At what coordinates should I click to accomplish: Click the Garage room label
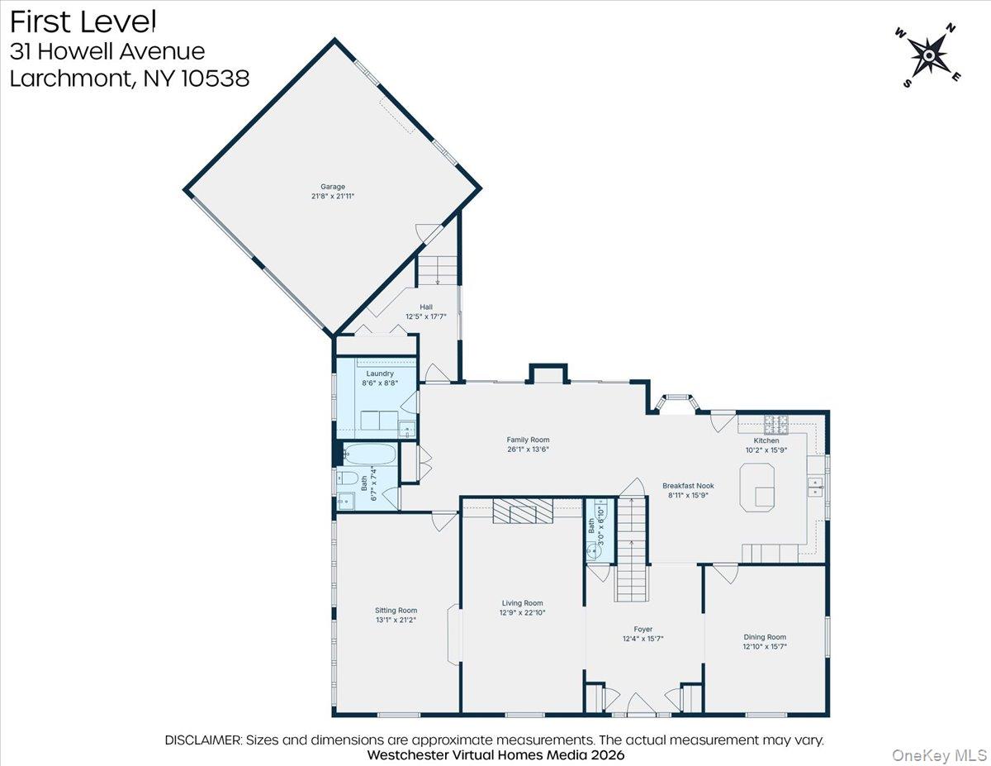[x=333, y=187]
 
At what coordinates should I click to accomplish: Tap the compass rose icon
[x=929, y=55]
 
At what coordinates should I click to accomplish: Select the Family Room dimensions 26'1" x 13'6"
[x=528, y=450]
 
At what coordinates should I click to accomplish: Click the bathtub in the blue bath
[x=369, y=455]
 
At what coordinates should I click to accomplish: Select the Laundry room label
[x=380, y=373]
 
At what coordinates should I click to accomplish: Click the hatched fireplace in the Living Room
[x=522, y=512]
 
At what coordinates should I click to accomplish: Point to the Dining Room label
[x=765, y=637]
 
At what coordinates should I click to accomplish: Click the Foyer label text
[x=643, y=629]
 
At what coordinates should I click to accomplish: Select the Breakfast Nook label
[x=688, y=486]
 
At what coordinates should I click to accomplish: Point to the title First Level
[x=83, y=21]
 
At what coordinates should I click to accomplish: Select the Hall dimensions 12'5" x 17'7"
[x=425, y=316]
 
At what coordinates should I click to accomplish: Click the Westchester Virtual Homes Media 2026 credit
[x=495, y=755]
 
